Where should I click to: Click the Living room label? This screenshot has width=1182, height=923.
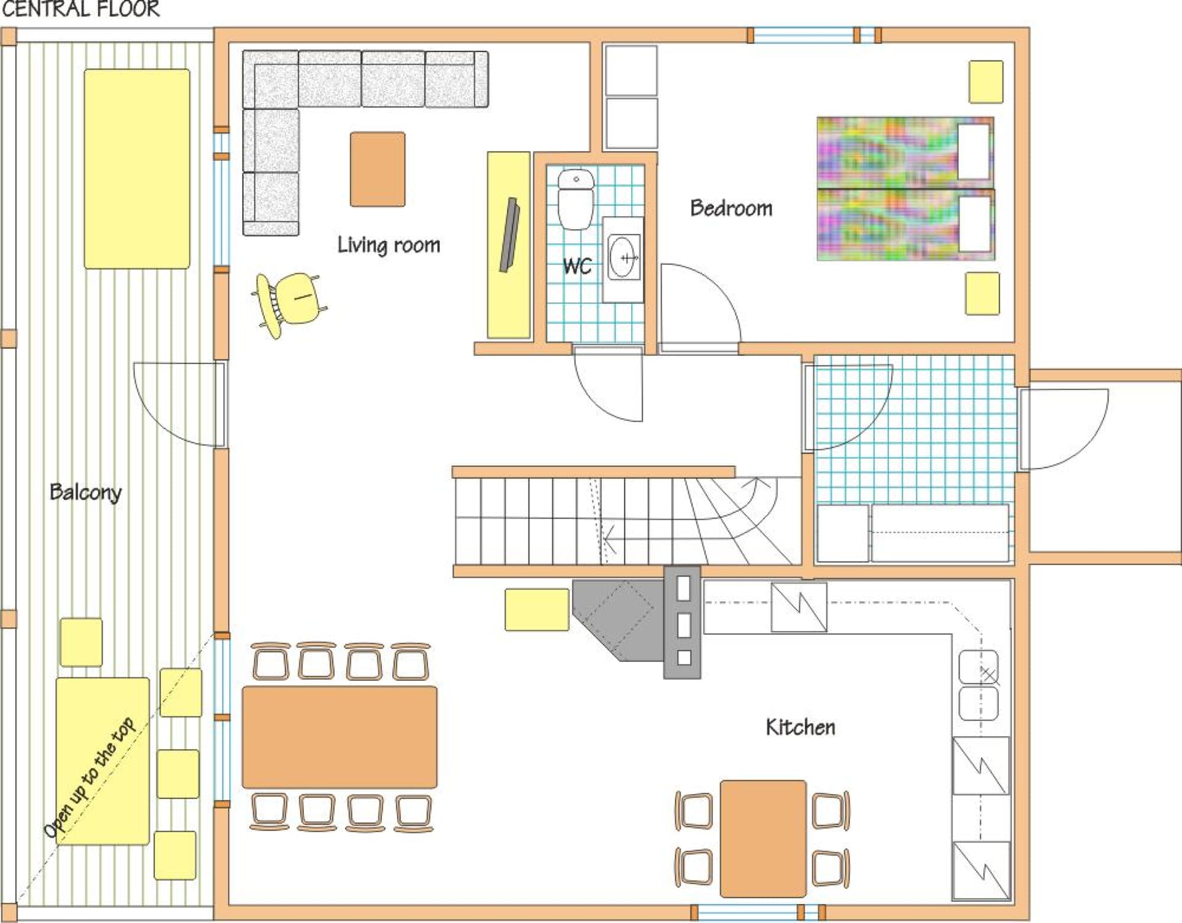click(388, 245)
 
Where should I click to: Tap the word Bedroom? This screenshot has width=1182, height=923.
click(731, 208)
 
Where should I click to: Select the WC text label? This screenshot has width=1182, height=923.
click(577, 266)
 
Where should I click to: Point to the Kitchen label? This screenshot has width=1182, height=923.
click(800, 727)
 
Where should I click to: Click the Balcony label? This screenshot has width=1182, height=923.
click(86, 492)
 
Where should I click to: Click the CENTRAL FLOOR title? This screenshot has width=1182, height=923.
click(80, 9)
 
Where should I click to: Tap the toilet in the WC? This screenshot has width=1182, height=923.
click(576, 199)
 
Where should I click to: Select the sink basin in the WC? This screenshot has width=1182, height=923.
click(624, 258)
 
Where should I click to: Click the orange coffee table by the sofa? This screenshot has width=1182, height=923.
click(377, 169)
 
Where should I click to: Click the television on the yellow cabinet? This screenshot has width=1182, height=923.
click(509, 234)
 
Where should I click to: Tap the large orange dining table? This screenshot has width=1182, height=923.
click(339, 737)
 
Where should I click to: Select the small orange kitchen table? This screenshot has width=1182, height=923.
click(763, 839)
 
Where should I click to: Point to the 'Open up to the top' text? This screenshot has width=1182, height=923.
click(89, 777)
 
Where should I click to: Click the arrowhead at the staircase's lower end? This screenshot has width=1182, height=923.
click(609, 540)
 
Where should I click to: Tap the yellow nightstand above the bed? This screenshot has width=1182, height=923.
click(986, 81)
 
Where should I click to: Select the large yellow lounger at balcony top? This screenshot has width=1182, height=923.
click(137, 169)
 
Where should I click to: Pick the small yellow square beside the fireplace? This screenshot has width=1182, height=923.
click(537, 610)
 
